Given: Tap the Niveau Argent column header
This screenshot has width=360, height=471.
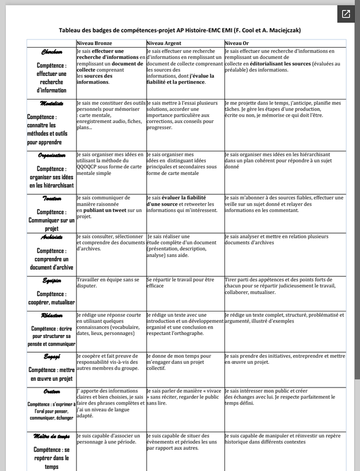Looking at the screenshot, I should point(164,44).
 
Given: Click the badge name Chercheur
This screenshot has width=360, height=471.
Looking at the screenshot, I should point(52,52).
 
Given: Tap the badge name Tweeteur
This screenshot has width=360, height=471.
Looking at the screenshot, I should point(52,199).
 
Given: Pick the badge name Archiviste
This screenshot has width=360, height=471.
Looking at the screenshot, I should point(52,237).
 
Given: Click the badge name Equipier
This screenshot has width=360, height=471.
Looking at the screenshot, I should point(52,280).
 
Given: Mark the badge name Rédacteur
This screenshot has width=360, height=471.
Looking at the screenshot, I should point(52,316).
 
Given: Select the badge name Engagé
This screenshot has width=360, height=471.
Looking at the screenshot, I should point(52,357).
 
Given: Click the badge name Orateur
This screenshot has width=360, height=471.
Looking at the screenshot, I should point(52,392).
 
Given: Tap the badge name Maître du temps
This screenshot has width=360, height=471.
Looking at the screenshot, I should point(52,436).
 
